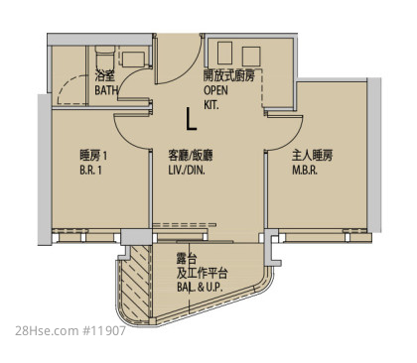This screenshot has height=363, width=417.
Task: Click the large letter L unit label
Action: (192, 118)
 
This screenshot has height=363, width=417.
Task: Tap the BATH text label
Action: (106, 90)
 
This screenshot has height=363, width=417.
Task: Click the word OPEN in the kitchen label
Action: (215, 90)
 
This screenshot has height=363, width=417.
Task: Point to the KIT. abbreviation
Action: (210, 105)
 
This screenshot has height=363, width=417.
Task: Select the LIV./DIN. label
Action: (187, 171)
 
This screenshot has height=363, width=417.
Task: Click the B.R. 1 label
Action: (90, 171)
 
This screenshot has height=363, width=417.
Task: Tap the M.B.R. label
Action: (305, 171)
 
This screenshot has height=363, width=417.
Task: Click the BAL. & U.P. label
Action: (200, 287)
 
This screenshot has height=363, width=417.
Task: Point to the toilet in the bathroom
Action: (105, 57)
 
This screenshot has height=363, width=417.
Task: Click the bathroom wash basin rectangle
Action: (133, 60)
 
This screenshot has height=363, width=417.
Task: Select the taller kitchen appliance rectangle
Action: (225, 53)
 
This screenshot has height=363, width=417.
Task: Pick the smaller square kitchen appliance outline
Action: (251, 57)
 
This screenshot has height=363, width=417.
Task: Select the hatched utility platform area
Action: (136, 283)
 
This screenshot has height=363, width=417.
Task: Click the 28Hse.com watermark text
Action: (46, 331)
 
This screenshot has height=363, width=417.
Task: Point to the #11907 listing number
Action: (103, 331)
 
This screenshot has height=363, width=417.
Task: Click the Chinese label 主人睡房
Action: (312, 156)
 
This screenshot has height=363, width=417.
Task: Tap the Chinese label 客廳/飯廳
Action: (191, 156)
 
